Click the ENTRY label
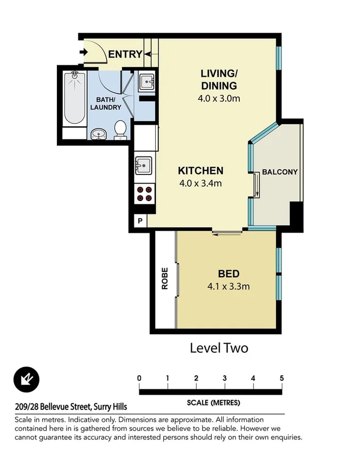pos(125,54)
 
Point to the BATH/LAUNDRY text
pos(108,103)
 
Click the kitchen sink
pos(143,166)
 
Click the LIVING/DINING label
pos(219,79)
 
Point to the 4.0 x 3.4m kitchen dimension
pos(200,184)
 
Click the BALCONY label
pos(279,172)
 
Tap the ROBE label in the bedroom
pos(165,278)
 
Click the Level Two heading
pos(219,348)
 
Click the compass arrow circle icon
pos(27,379)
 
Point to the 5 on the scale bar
pos(282,378)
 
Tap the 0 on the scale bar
pos(139,378)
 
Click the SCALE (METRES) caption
pos(213,402)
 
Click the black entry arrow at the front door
pos(82,52)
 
